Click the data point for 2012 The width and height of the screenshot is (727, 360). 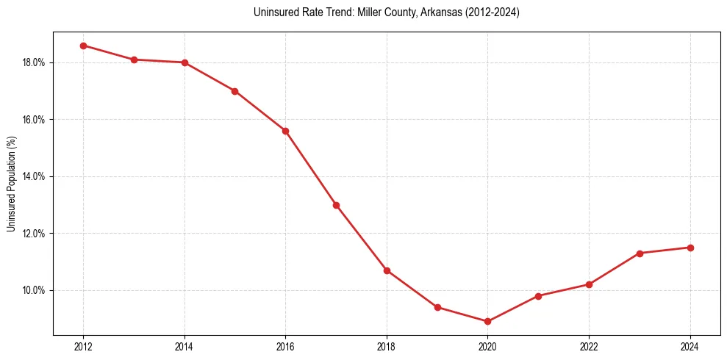[83, 46]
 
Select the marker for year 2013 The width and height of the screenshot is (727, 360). [134, 60]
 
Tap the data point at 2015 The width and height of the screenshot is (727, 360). [234, 91]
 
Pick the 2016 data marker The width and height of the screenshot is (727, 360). [285, 131]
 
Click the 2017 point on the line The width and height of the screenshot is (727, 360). [336, 205]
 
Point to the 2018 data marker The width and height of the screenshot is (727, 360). [387, 270]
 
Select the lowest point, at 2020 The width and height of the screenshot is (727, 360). [487, 321]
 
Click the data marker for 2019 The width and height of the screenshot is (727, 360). [437, 307]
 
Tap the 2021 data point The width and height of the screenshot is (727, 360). [538, 296]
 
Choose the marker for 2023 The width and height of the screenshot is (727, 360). [640, 253]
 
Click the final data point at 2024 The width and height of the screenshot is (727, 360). [690, 248]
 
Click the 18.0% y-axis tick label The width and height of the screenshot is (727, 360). [34, 62]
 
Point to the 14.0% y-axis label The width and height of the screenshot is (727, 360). [34, 176]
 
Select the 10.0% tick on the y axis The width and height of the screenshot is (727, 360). [34, 290]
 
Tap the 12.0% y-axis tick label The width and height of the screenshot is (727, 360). [34, 234]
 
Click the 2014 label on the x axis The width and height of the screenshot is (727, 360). [185, 346]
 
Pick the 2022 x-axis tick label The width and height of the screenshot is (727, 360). [589, 346]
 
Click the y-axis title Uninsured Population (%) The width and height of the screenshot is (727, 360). [11, 184]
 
